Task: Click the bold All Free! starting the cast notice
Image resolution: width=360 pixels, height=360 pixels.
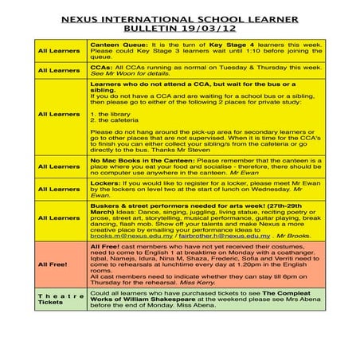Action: [104, 248]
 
